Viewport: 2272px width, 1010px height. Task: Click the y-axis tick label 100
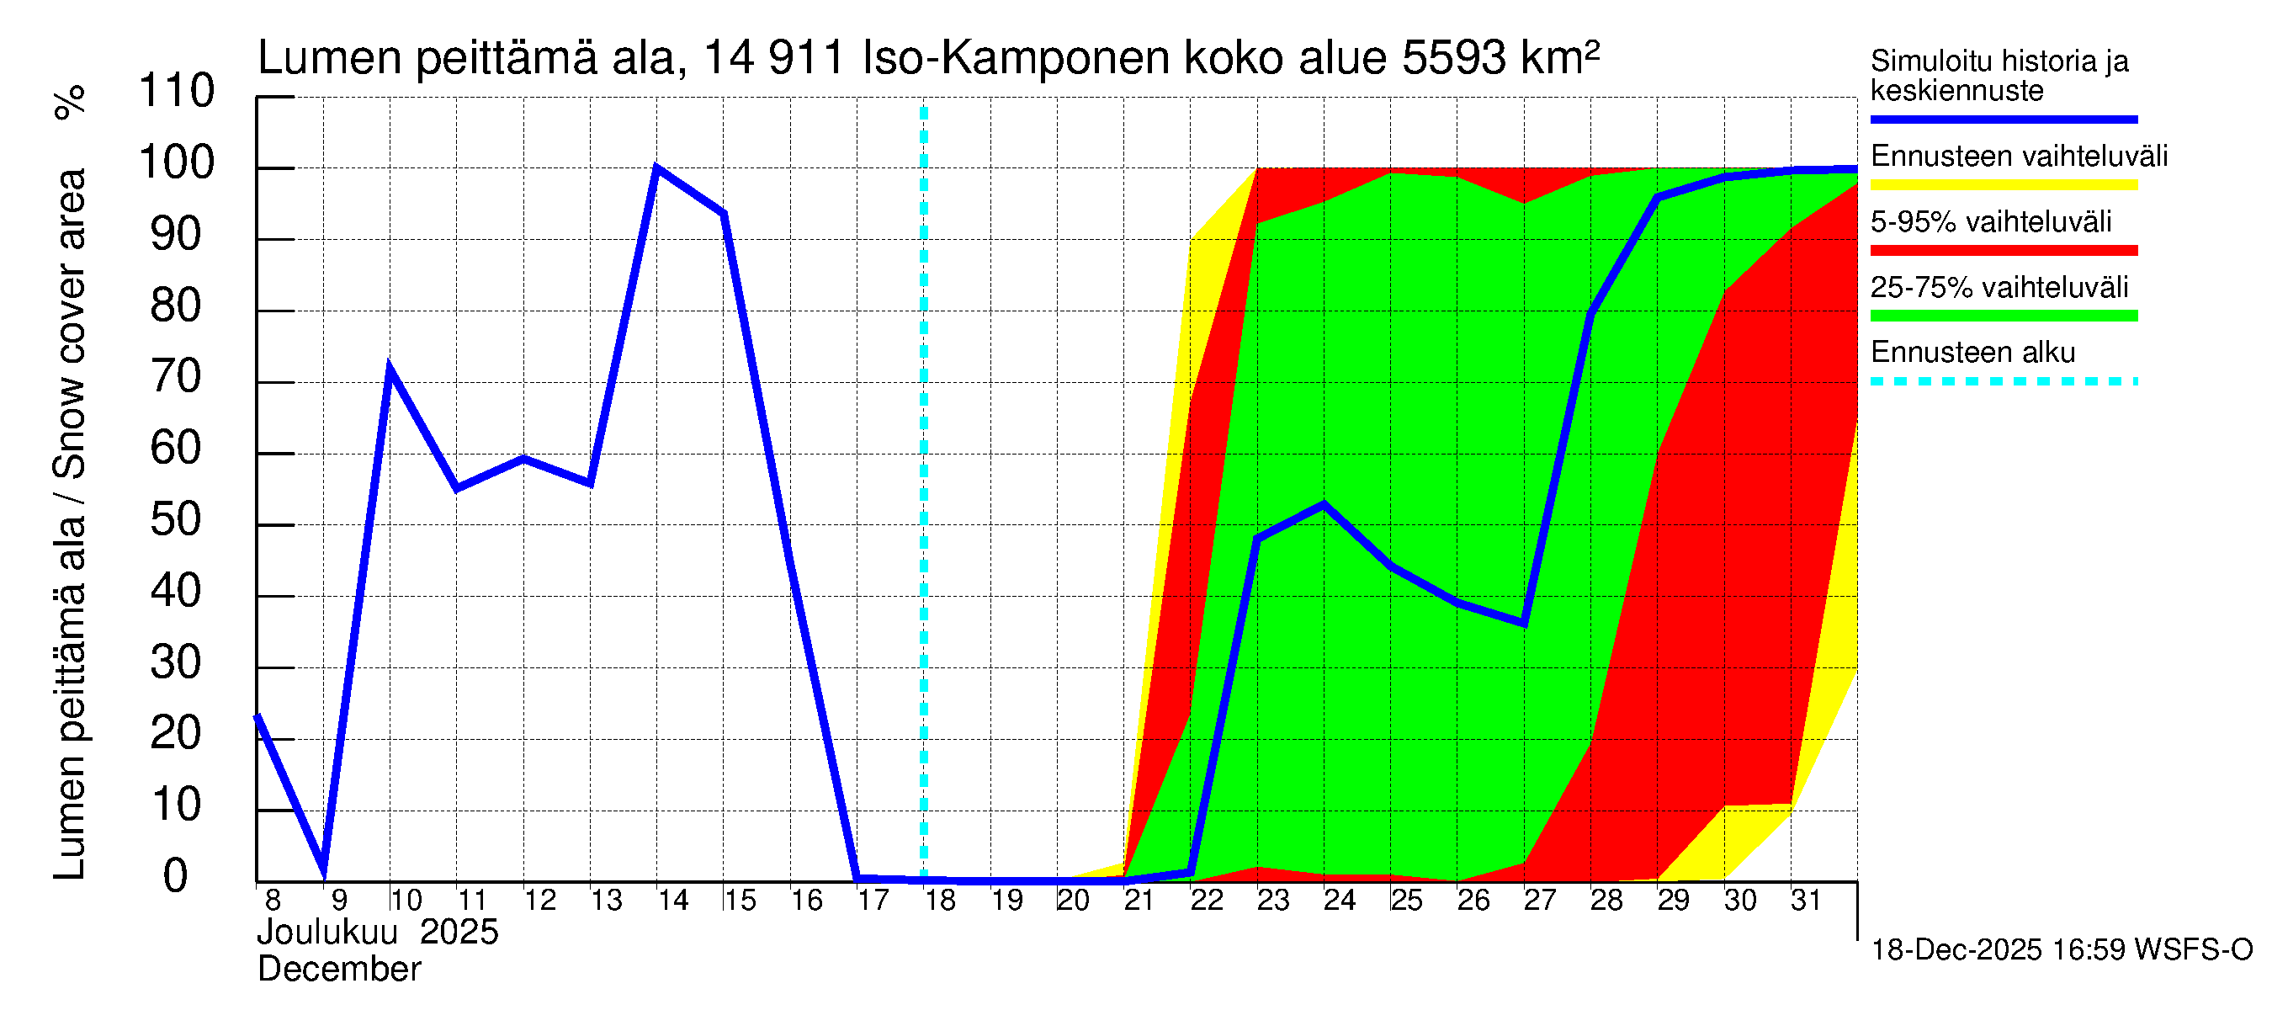tap(177, 163)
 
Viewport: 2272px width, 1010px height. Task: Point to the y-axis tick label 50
tap(177, 520)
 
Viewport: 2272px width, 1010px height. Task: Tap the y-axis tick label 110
tap(177, 92)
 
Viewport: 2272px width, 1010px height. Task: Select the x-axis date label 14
tap(673, 901)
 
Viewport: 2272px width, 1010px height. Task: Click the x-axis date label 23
tap(1272, 901)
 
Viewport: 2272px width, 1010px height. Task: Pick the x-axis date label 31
tap(1806, 901)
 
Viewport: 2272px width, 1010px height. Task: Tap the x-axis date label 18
tap(940, 901)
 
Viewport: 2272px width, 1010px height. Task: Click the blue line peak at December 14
tap(656, 167)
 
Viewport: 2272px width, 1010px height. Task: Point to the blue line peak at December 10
tap(390, 367)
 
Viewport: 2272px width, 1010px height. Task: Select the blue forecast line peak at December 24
tap(1324, 503)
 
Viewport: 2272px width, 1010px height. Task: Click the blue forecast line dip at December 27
tap(1524, 623)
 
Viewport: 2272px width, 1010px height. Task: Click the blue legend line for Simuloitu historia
tap(2004, 119)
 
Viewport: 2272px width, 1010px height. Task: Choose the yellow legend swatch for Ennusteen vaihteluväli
tap(2004, 185)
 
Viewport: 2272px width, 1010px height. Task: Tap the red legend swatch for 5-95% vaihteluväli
tap(2004, 251)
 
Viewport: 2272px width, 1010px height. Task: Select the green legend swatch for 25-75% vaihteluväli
tap(2004, 316)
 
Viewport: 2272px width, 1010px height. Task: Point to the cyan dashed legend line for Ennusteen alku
tap(2004, 382)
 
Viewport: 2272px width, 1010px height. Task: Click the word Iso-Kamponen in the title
tap(1016, 58)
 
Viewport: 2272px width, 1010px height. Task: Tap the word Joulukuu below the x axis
tap(327, 933)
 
